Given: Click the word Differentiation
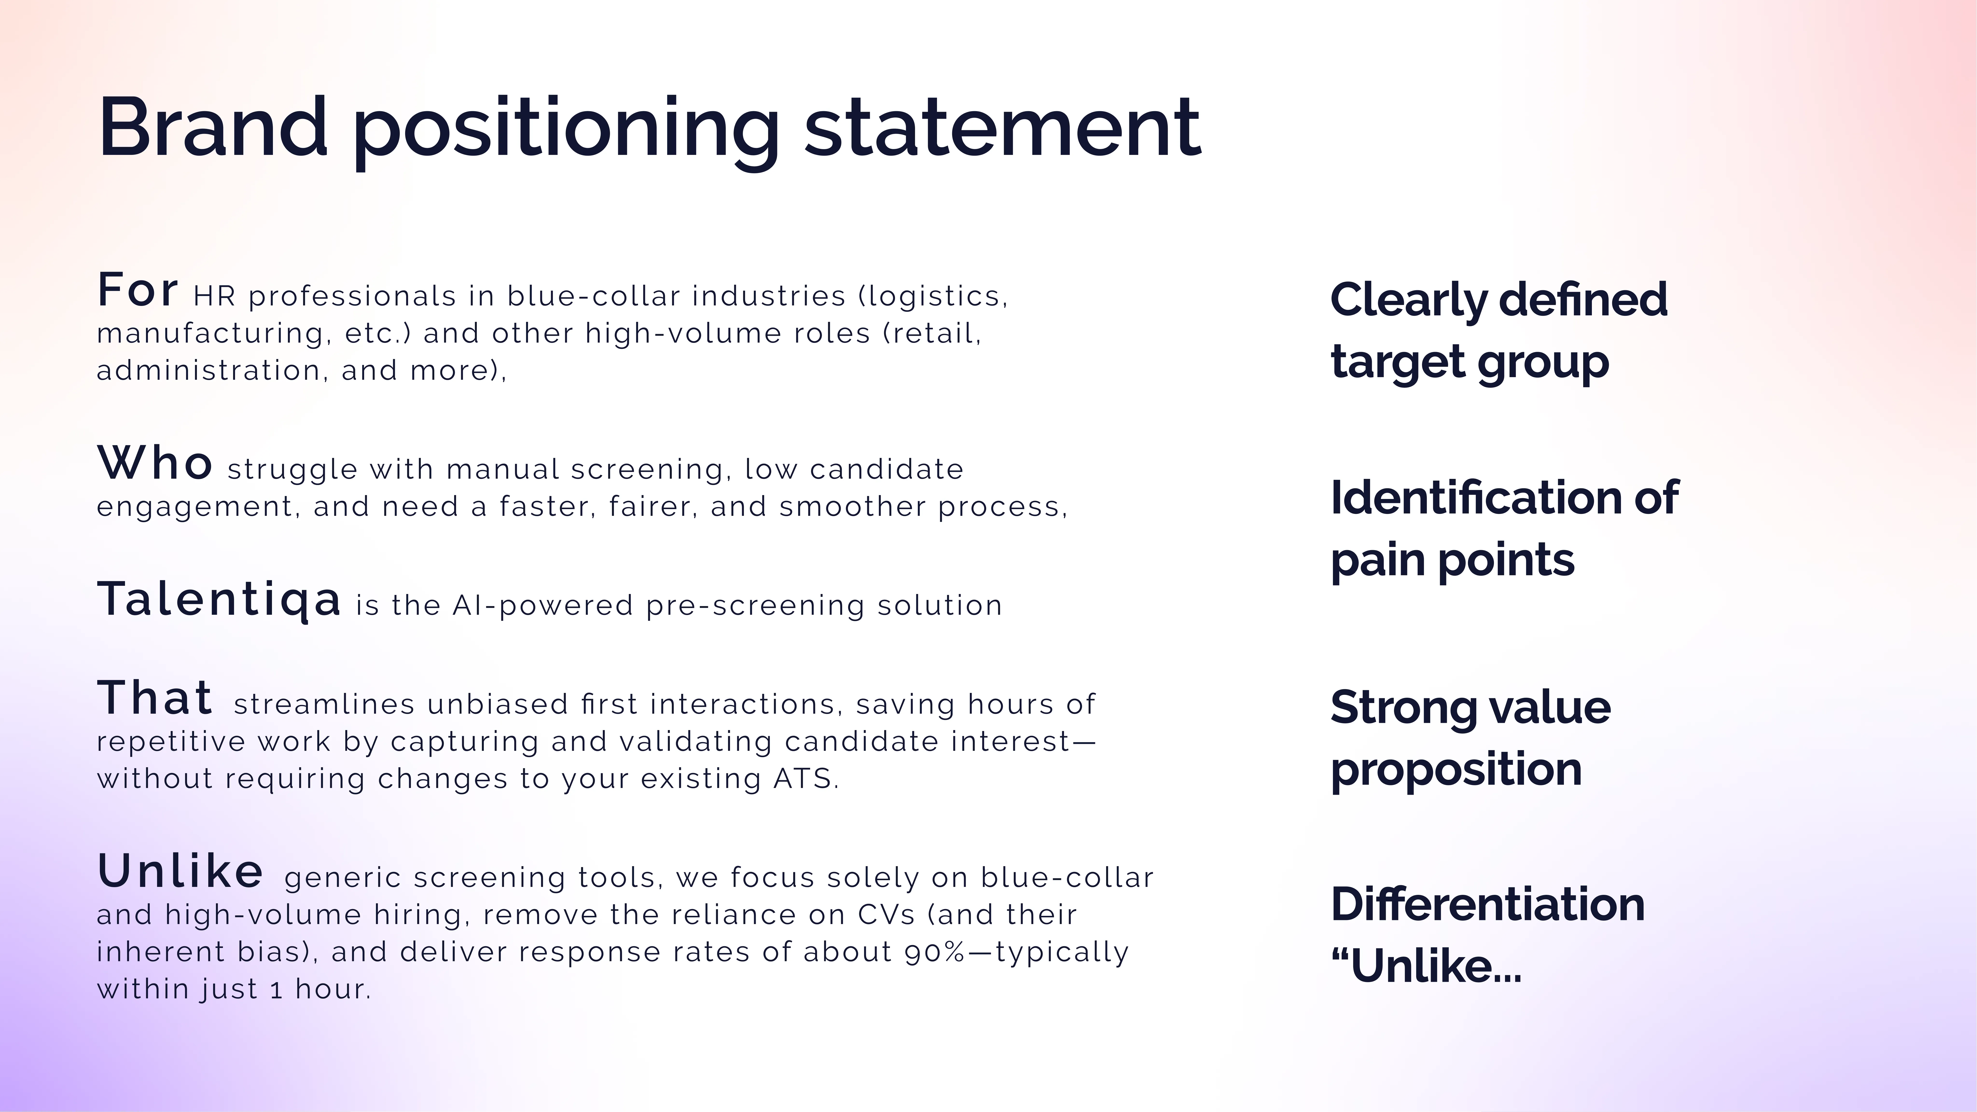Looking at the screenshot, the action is click(1487, 904).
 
